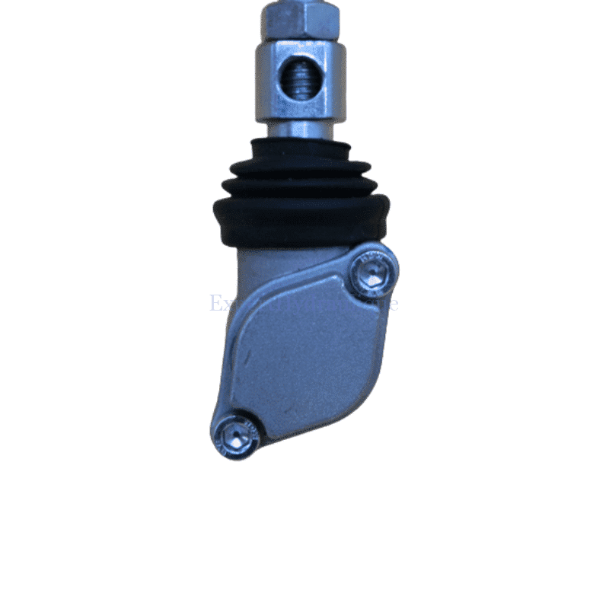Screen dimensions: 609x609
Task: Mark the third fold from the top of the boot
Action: pyautogui.click(x=299, y=186)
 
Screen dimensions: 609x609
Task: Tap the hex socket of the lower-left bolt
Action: pyautogui.click(x=236, y=436)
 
